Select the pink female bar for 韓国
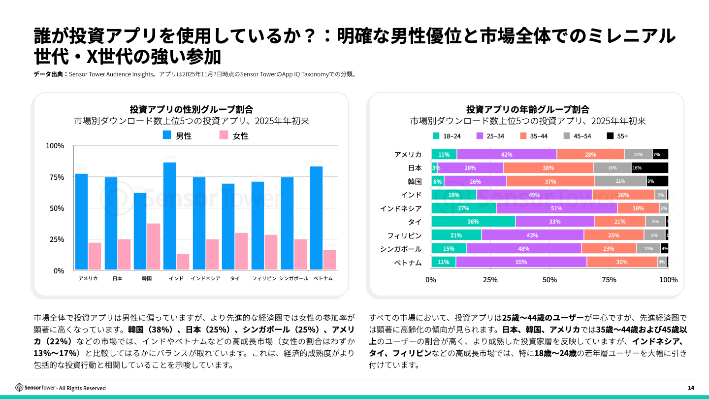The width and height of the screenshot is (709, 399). click(154, 246)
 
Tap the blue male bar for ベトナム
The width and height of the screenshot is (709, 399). click(316, 218)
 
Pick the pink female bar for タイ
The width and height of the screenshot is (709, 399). click(241, 251)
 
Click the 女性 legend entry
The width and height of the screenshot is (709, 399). click(234, 135)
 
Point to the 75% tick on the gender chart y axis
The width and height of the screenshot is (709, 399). click(55, 177)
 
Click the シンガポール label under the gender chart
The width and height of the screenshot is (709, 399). click(293, 278)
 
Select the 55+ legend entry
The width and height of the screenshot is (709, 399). click(617, 136)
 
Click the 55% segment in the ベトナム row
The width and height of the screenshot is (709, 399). click(521, 262)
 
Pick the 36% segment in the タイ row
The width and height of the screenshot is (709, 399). click(473, 222)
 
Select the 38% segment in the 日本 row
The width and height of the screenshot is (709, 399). click(548, 168)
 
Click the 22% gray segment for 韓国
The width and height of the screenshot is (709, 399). click(620, 181)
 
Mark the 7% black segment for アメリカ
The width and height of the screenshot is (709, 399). click(660, 155)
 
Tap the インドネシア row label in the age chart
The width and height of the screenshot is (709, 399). click(400, 208)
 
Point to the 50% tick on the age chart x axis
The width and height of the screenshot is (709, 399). click(549, 280)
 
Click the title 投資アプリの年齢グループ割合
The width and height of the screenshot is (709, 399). click(527, 109)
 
